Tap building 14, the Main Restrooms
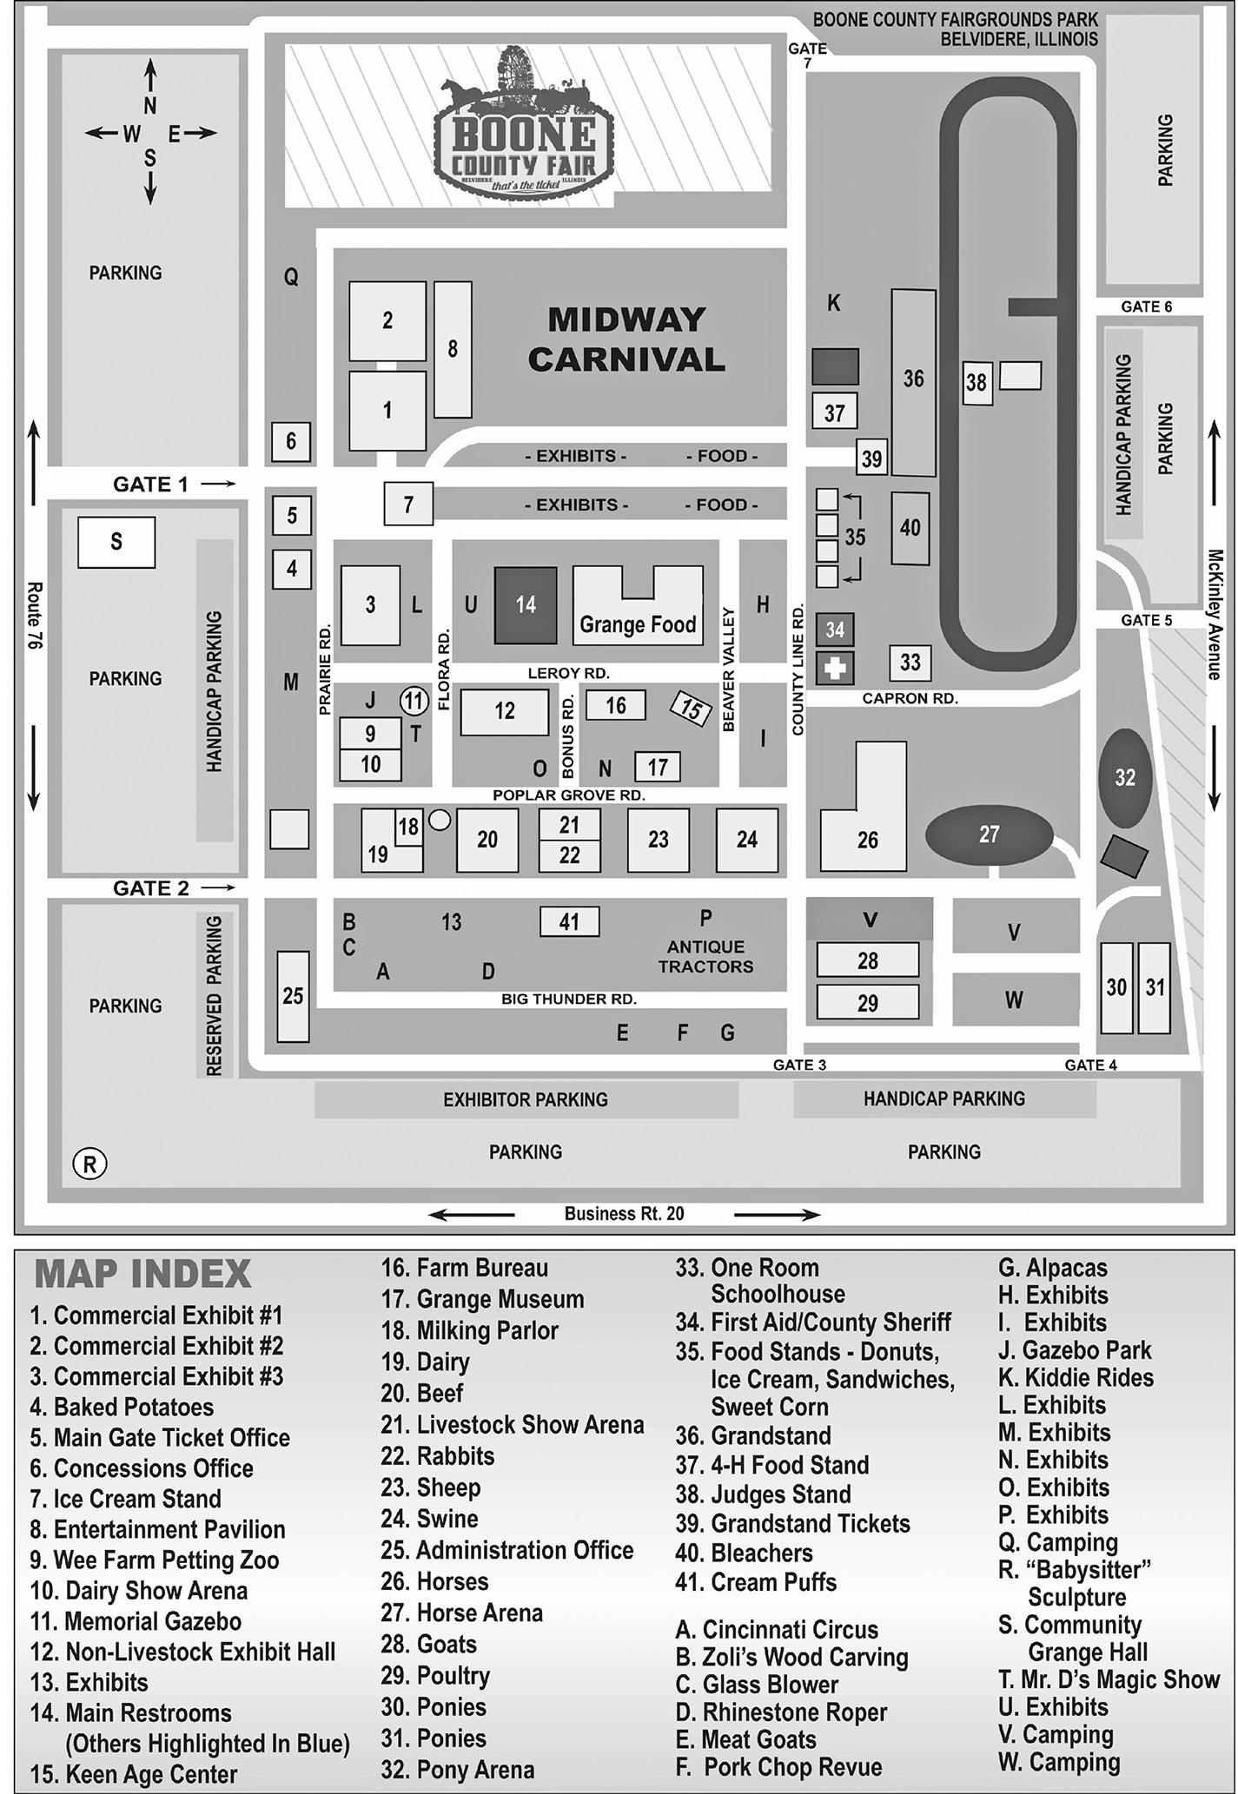pyautogui.click(x=526, y=605)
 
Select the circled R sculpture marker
pyautogui.click(x=89, y=1163)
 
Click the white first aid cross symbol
pyautogui.click(x=835, y=669)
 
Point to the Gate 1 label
pyautogui.click(x=150, y=485)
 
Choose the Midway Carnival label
pyautogui.click(x=626, y=340)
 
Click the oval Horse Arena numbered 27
pyautogui.click(x=989, y=834)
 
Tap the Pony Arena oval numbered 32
pyautogui.click(x=1125, y=777)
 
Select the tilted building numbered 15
pyautogui.click(x=691, y=709)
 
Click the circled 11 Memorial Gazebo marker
pyautogui.click(x=414, y=701)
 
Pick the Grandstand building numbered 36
pyautogui.click(x=913, y=380)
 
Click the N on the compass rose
pyautogui.click(x=150, y=106)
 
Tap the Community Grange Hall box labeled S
pyautogui.click(x=116, y=542)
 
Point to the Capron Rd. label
pyautogui.click(x=910, y=698)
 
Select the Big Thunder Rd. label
pyautogui.click(x=569, y=999)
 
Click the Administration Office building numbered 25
pyautogui.click(x=293, y=996)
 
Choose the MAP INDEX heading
pyautogui.click(x=142, y=1275)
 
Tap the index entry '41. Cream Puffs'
pyautogui.click(x=756, y=1582)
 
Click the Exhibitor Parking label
pyautogui.click(x=526, y=1100)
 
